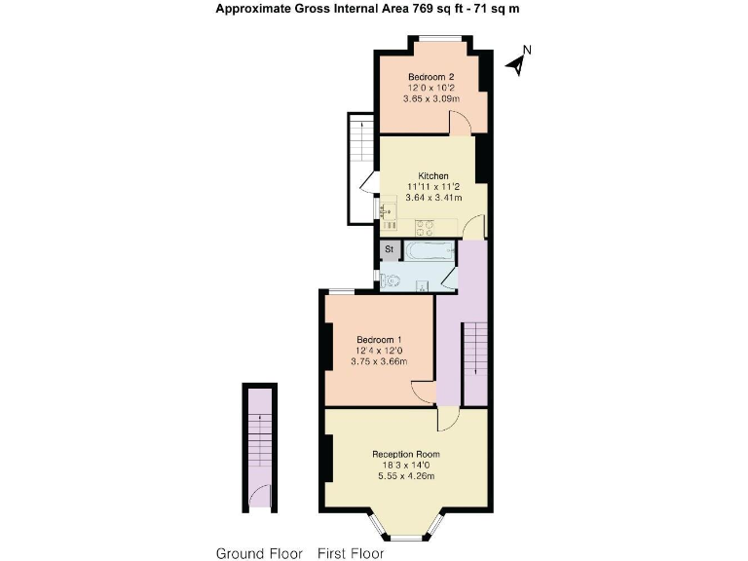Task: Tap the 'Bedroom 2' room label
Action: [x=430, y=77]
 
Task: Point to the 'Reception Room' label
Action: [x=405, y=454]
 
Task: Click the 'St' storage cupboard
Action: [x=390, y=250]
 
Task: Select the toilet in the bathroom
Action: [x=392, y=280]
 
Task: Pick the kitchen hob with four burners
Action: [x=426, y=228]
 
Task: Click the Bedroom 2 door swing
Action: [x=461, y=123]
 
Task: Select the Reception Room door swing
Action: [x=447, y=420]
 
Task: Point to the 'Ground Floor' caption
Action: [x=259, y=553]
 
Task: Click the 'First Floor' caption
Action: [x=351, y=553]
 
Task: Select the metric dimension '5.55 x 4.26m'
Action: [x=405, y=476]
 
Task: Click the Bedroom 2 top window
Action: [x=435, y=39]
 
